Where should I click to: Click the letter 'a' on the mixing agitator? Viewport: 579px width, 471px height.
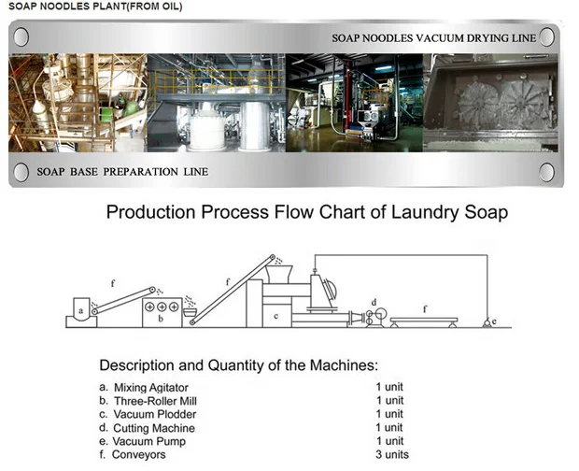(80, 309)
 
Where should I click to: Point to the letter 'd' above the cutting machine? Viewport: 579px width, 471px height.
(374, 302)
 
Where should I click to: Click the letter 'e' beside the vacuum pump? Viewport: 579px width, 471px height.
(494, 322)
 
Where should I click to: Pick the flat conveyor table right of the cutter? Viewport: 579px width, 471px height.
(425, 320)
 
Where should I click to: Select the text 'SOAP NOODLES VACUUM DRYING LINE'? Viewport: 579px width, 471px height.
(433, 38)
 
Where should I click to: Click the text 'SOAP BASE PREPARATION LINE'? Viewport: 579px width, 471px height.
(122, 172)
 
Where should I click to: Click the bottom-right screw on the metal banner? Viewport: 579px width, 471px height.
(547, 172)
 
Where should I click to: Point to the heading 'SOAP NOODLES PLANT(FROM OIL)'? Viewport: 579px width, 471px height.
(94, 7)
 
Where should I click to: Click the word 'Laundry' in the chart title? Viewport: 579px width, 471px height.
(417, 212)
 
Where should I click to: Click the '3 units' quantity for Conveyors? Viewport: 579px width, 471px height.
(392, 454)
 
